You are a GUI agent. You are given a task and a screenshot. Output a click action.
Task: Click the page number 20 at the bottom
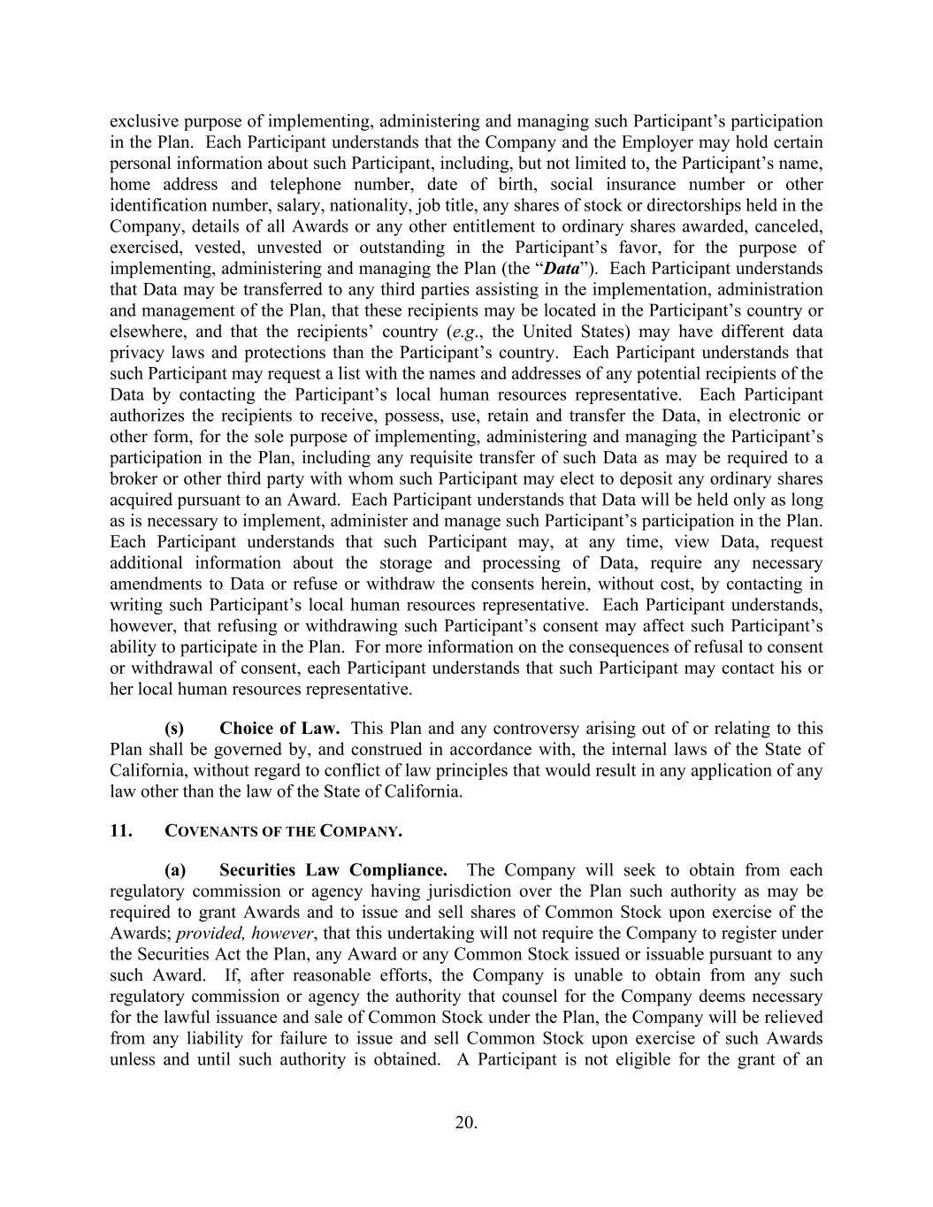(x=466, y=1123)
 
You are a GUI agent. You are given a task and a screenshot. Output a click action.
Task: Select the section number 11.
(x=120, y=831)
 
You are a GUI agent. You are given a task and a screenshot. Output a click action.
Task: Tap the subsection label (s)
(x=174, y=729)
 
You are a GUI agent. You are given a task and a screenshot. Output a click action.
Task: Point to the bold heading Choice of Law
(x=279, y=729)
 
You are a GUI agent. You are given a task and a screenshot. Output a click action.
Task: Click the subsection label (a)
(x=174, y=870)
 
